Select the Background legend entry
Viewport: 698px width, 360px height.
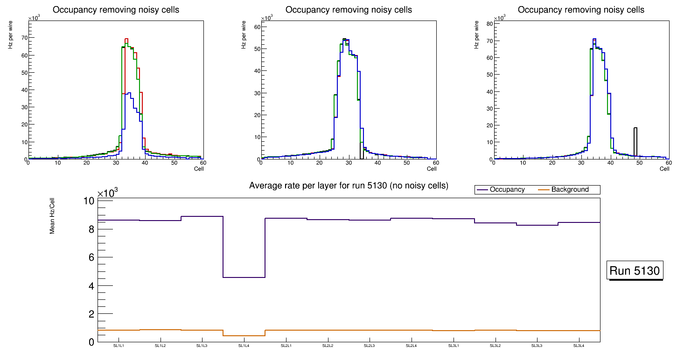click(570, 190)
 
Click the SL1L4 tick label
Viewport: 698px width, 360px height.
click(244, 346)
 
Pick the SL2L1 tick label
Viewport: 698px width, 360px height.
click(286, 346)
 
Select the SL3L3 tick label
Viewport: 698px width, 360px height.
click(537, 346)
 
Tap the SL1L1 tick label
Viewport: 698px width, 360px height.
click(119, 346)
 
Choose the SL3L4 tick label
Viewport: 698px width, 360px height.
click(579, 346)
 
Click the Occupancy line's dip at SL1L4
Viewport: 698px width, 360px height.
click(244, 277)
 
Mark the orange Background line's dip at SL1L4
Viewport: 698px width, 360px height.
click(244, 336)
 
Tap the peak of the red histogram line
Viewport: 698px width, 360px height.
click(126, 39)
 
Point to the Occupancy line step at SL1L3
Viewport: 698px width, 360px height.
click(202, 216)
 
